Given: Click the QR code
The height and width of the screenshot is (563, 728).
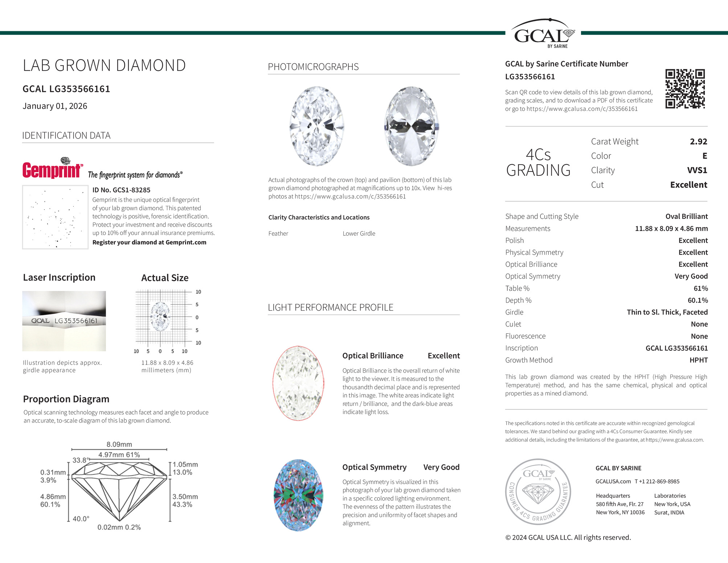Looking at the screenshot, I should (685, 89).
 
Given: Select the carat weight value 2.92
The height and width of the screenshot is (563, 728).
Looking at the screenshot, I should (698, 142).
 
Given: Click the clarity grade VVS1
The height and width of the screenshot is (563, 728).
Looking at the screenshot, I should (697, 170).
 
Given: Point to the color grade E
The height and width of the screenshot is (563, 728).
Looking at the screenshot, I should (704, 156).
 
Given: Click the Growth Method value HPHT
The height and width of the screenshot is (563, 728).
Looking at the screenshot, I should (698, 360).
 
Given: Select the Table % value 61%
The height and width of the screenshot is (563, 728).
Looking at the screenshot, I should (700, 288).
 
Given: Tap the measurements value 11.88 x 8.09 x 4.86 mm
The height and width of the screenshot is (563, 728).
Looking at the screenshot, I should (671, 228).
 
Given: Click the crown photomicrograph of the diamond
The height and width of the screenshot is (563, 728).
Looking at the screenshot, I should (317, 126).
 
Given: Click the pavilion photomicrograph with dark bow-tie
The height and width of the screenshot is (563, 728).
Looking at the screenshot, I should (412, 126).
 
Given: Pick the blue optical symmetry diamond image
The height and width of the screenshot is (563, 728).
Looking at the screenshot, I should (298, 495).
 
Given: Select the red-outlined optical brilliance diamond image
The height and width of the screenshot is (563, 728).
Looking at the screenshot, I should (298, 384).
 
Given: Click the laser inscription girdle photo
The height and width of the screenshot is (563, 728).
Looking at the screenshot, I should (64, 321).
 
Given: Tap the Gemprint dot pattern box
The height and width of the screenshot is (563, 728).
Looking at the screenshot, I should (55, 217).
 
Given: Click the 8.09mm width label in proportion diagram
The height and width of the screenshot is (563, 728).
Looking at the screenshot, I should (119, 445).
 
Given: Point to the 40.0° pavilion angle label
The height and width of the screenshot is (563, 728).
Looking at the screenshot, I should (81, 519).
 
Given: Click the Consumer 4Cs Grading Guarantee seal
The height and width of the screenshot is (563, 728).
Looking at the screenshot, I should (538, 491).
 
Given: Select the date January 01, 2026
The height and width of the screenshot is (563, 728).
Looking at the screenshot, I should (55, 106).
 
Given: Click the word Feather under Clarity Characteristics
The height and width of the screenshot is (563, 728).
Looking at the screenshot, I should (278, 234).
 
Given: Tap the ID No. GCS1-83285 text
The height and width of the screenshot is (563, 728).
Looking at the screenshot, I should (121, 190).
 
